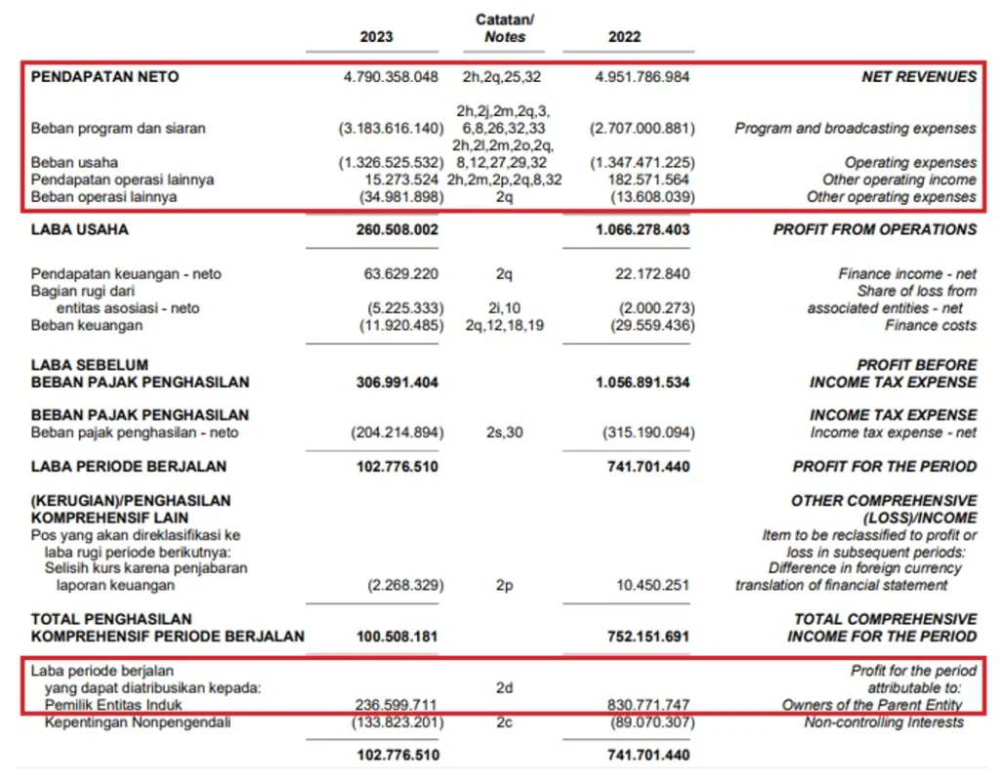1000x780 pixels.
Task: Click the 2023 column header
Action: pos(376,37)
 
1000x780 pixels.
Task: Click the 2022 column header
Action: pos(625,37)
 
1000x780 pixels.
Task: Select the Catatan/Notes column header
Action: pos(505,28)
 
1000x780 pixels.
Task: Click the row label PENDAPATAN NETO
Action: pos(105,77)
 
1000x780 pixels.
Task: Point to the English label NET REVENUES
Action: pos(918,77)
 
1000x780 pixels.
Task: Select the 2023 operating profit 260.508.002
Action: pos(396,230)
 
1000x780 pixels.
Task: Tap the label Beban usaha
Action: pos(74,163)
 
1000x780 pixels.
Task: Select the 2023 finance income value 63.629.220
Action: pos(401,274)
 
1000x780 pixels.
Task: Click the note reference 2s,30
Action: pos(504,432)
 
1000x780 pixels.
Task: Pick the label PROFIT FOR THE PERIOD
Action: pos(884,467)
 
